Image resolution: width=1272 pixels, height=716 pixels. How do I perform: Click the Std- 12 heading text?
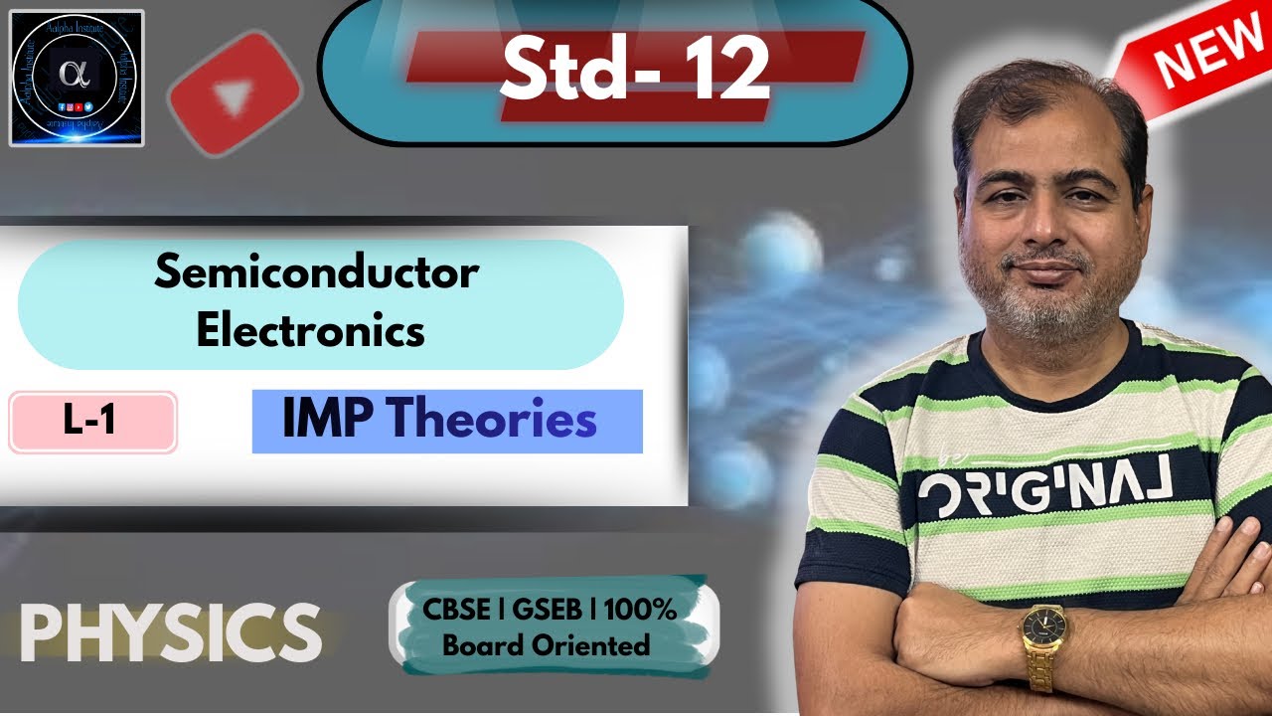[634, 69]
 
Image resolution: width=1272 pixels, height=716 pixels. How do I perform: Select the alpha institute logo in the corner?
[77, 78]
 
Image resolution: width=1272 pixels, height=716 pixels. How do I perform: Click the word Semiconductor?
[316, 272]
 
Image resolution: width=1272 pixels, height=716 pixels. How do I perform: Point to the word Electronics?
[310, 331]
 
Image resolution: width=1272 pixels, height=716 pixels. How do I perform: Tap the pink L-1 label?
[90, 422]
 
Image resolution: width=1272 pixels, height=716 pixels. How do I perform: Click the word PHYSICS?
[170, 630]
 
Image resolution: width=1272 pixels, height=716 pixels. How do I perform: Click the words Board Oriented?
[546, 645]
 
